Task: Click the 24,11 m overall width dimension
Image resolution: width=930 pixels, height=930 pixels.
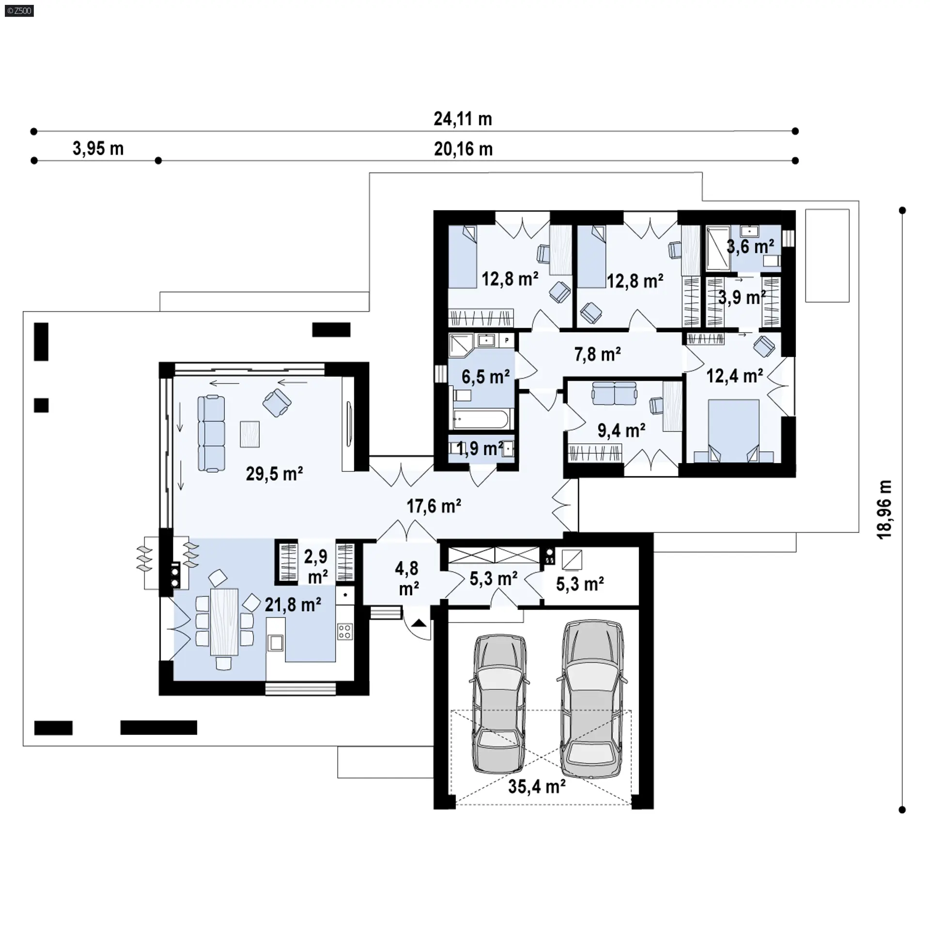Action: pyautogui.click(x=463, y=119)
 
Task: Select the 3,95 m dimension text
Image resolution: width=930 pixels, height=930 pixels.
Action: pyautogui.click(x=98, y=149)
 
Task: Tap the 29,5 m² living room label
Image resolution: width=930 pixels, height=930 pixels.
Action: pyautogui.click(x=274, y=473)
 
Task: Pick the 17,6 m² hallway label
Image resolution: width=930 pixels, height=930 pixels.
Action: pyautogui.click(x=434, y=506)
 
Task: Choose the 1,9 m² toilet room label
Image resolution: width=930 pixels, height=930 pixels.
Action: pyautogui.click(x=480, y=449)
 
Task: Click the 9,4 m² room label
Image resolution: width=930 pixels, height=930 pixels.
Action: pyautogui.click(x=621, y=430)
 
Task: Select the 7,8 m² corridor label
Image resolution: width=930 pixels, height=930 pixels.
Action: pyautogui.click(x=598, y=355)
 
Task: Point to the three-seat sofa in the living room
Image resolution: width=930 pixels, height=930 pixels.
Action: pyautogui.click(x=211, y=434)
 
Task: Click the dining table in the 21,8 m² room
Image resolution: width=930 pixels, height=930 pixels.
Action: pyautogui.click(x=224, y=622)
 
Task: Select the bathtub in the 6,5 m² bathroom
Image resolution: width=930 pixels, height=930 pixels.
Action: pyautogui.click(x=481, y=419)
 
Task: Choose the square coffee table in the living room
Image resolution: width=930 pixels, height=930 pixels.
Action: pyautogui.click(x=250, y=434)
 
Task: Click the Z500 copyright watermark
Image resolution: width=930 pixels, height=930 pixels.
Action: pyautogui.click(x=19, y=10)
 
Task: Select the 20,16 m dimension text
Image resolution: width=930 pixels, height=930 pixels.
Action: pyautogui.click(x=464, y=149)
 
